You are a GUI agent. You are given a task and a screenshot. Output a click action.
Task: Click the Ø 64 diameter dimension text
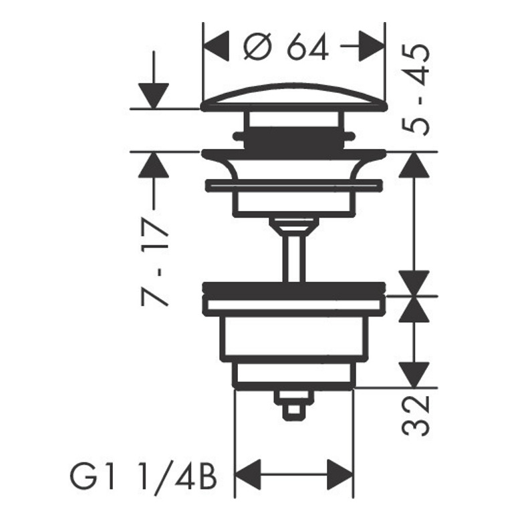(x=286, y=47)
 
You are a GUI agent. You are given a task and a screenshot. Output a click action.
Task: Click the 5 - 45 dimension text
(x=416, y=90)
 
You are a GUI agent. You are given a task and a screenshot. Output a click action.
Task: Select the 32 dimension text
(x=416, y=416)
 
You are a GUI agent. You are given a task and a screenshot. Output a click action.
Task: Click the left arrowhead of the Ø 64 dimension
(x=216, y=46)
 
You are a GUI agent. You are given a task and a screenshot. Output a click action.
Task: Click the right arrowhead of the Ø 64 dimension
(x=372, y=46)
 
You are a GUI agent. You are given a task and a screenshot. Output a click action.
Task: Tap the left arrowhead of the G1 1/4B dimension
(x=247, y=474)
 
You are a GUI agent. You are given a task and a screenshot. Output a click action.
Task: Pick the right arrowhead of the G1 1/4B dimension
(x=340, y=474)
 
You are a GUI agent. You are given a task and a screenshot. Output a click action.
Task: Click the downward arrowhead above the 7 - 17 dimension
(x=154, y=96)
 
